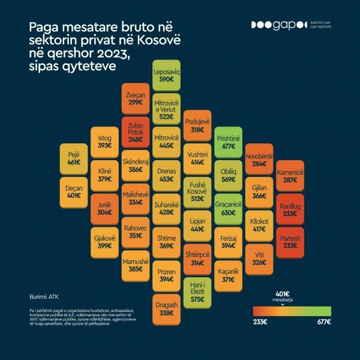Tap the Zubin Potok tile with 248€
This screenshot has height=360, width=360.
pos(136,133)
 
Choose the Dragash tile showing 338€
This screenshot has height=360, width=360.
pos(167,309)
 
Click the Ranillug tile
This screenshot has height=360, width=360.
pos(289,209)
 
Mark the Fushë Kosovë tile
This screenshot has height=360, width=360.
pos(197,192)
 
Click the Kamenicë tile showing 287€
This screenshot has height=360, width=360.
pos(289,175)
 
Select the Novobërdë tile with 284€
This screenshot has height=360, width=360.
pos(259,159)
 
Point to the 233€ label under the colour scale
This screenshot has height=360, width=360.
pos(260,322)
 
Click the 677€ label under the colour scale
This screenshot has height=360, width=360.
pos(323,322)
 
